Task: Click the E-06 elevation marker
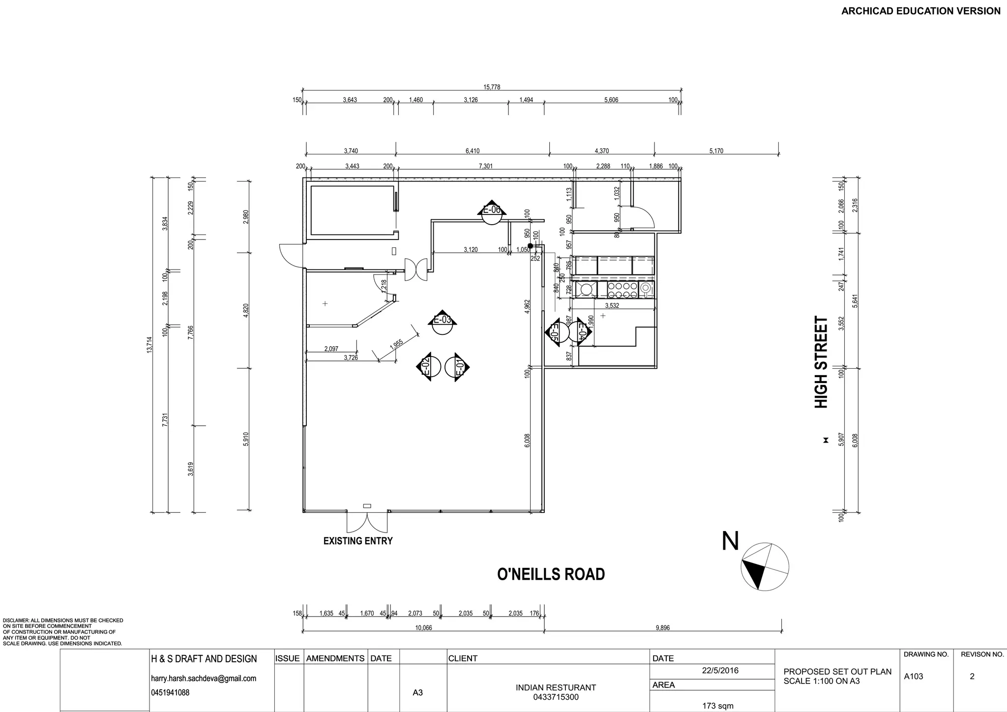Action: click(x=491, y=212)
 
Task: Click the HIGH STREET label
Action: click(x=821, y=362)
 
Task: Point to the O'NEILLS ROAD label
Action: click(x=551, y=574)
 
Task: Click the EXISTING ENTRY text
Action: click(x=357, y=541)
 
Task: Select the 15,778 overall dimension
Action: click(x=492, y=87)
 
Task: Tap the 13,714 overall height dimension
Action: click(x=149, y=344)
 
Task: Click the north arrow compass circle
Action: click(x=765, y=566)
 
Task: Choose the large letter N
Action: click(x=730, y=541)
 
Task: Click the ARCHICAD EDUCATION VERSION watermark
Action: click(x=920, y=11)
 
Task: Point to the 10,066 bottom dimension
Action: click(x=423, y=628)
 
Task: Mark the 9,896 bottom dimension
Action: click(x=662, y=628)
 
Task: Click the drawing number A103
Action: click(x=914, y=677)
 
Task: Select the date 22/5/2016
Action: click(x=720, y=671)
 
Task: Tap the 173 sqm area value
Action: click(x=718, y=706)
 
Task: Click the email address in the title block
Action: click(x=204, y=679)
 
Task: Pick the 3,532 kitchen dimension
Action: click(x=612, y=305)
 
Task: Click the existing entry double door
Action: click(x=367, y=522)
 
